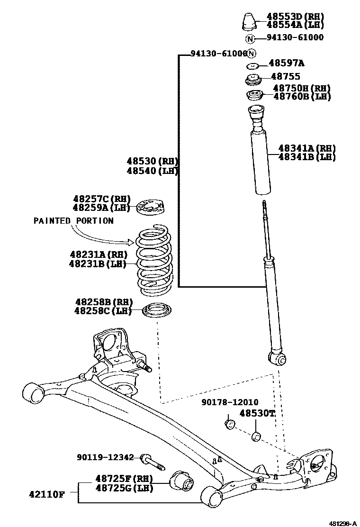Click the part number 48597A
point(287,63)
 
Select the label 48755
point(285,76)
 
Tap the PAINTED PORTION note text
point(73,221)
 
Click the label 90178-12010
point(230,402)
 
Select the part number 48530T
point(257,413)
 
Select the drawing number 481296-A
point(343,523)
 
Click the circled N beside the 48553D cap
point(250,38)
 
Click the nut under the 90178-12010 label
point(230,423)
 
